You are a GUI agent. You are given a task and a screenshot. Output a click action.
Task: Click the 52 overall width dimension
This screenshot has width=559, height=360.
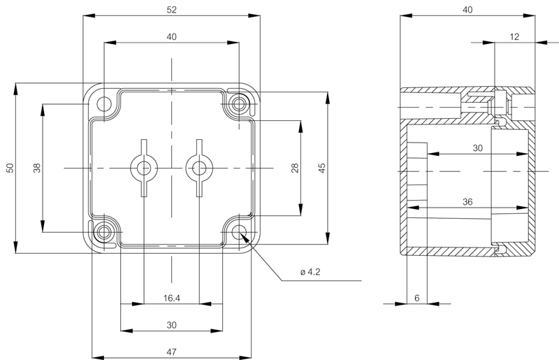pos(171,10)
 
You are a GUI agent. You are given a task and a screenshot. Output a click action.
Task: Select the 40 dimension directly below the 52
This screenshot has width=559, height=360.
pos(171,37)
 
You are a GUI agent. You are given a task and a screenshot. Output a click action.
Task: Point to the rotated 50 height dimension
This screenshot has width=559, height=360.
pos(10,168)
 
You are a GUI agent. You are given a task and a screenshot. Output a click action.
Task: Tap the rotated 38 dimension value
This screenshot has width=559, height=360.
pos(37,168)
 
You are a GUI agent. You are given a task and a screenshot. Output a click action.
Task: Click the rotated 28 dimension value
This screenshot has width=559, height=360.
pos(295,168)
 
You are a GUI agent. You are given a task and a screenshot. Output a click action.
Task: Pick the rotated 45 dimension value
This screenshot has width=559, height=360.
pos(322,168)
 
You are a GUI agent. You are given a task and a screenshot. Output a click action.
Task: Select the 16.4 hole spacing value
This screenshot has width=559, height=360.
pos(171,298)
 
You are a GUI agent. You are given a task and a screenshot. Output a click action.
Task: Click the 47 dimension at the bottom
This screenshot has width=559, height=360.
pos(171,352)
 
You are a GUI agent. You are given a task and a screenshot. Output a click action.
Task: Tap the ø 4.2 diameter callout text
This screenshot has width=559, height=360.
pos(310,272)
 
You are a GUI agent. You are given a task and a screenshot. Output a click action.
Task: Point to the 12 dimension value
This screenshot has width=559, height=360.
pos(514,37)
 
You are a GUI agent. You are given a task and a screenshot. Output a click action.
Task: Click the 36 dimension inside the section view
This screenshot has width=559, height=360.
pos(467,202)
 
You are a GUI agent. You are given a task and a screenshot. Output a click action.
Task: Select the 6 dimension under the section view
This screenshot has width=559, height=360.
pos(417,298)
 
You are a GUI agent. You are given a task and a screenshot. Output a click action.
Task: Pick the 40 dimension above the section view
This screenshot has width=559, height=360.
pos(467,10)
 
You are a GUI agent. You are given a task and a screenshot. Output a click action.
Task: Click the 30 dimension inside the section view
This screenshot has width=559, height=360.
pos(477,148)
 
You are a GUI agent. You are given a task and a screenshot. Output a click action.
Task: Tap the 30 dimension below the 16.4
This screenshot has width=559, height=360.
pos(171,325)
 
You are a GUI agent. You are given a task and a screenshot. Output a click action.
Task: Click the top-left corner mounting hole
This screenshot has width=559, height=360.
pos(104,104)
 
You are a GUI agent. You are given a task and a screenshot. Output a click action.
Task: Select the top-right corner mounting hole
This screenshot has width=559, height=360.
pos(239,104)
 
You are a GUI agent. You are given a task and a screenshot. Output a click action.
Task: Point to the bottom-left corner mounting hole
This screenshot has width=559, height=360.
pos(104,232)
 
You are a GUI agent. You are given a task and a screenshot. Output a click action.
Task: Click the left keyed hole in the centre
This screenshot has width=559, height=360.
pos(144,168)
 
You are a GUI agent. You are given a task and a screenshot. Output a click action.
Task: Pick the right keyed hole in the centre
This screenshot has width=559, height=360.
pos(199,168)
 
